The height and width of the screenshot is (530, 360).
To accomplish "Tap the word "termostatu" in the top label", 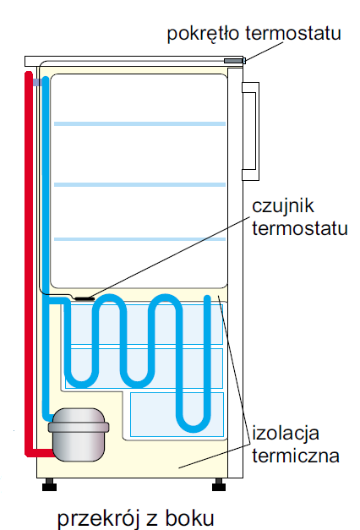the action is [x=293, y=33].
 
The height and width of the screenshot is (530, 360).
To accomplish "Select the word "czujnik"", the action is [x=283, y=206].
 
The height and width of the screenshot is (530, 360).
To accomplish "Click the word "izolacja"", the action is [x=286, y=434].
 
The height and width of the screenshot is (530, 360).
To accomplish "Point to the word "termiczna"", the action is [x=296, y=456].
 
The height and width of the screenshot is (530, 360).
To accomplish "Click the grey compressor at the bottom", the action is [x=79, y=434].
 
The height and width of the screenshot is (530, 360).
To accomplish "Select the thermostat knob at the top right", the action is [x=234, y=61].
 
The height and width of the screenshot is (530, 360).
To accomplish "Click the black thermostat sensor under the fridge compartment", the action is [x=85, y=298].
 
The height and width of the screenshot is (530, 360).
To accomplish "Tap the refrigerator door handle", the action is [x=250, y=131].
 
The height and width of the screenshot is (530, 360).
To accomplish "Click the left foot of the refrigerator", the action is [x=49, y=484].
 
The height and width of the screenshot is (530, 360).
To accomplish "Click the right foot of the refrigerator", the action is [x=219, y=484].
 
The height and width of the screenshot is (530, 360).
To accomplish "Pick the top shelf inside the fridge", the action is [x=139, y=123].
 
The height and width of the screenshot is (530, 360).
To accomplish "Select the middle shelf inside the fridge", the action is [x=139, y=184].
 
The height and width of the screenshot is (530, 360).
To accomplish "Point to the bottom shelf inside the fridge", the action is [x=139, y=239].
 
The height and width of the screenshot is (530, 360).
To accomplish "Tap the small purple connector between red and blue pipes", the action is [x=37, y=82].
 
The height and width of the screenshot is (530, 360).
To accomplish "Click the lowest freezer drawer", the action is [x=177, y=414].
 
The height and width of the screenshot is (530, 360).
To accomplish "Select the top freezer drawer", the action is [x=145, y=325].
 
